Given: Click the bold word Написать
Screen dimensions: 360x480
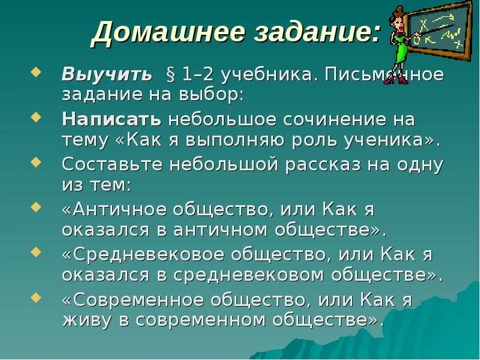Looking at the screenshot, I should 112,119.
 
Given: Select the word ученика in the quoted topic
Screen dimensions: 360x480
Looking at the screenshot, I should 382,141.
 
